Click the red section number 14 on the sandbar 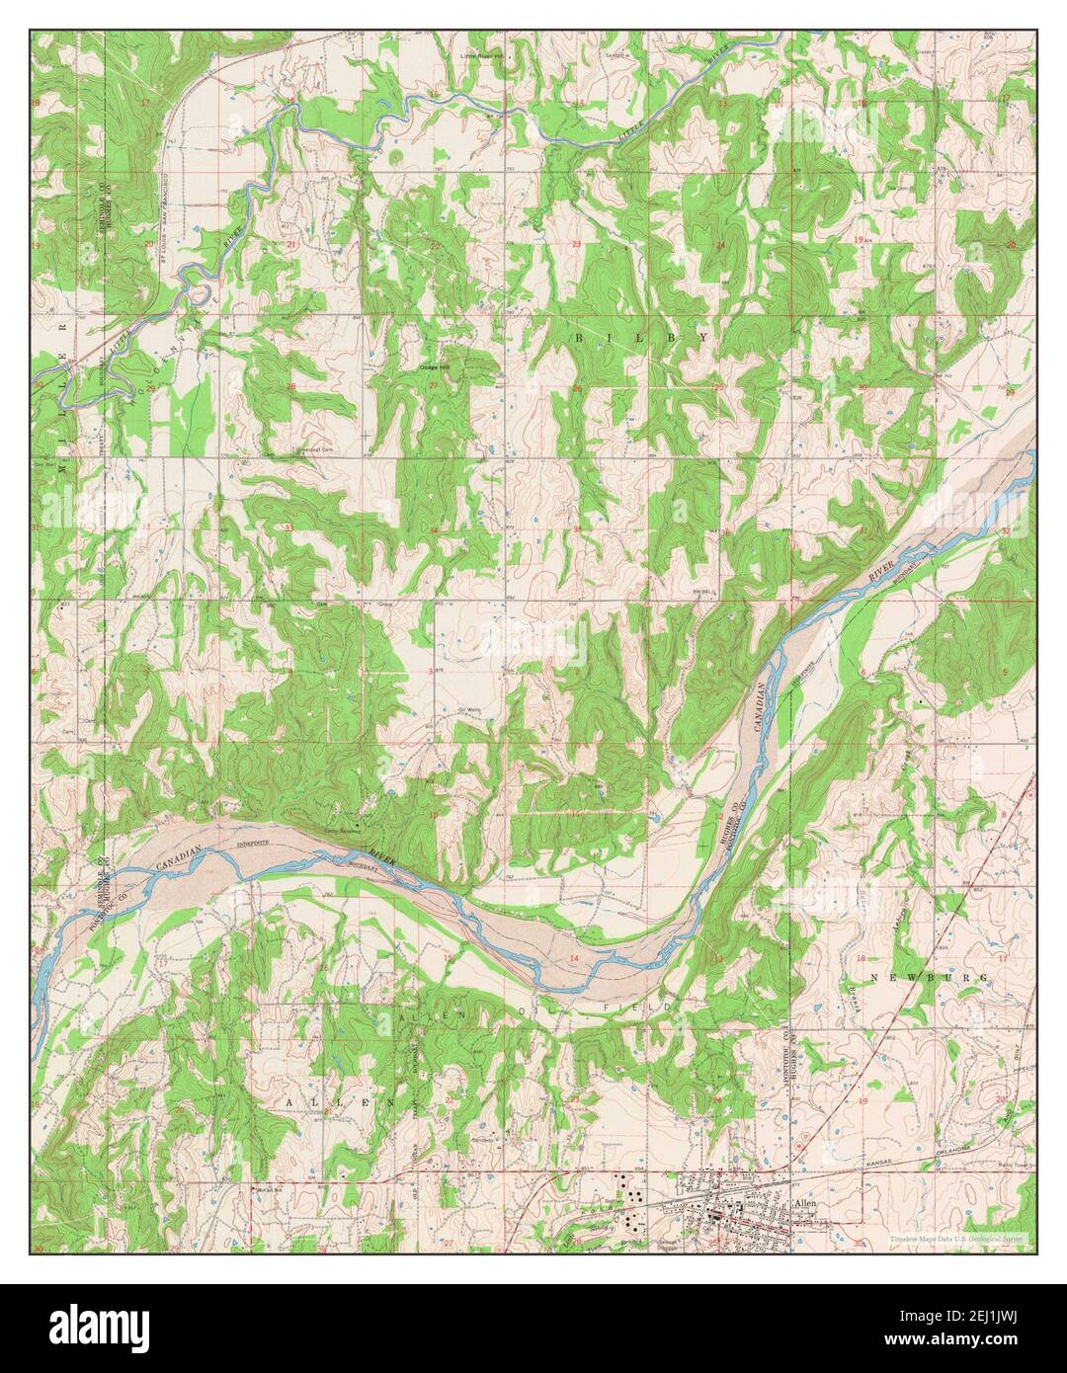574,959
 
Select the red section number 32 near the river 1005,531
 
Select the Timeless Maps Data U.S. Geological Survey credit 956,1238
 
